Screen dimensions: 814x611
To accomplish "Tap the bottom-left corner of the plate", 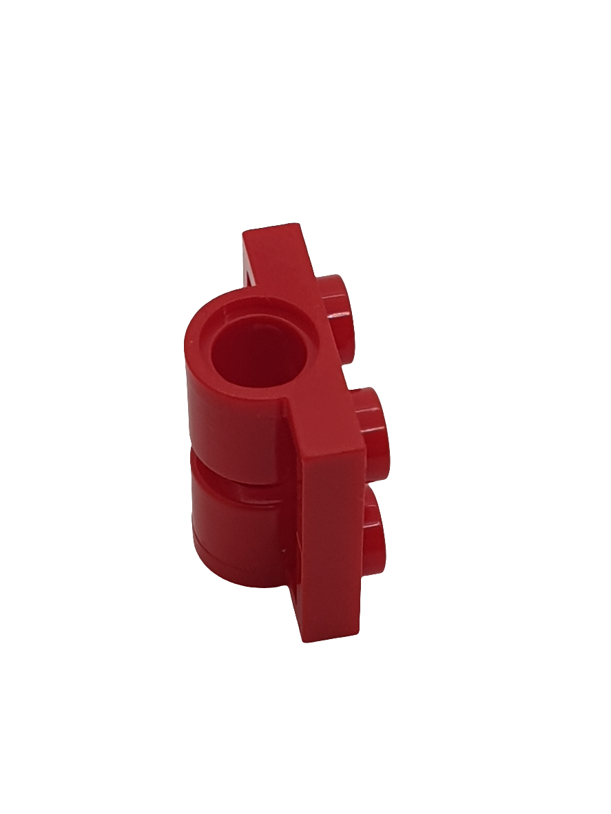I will pyautogui.click(x=303, y=639).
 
